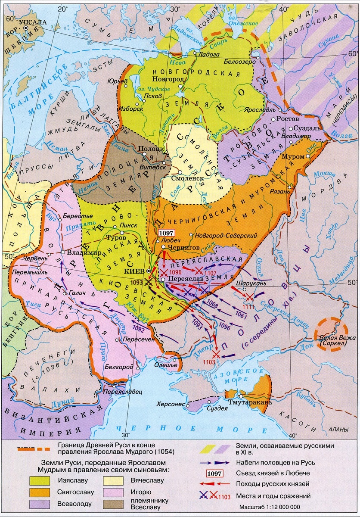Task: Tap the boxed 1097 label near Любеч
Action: (166, 233)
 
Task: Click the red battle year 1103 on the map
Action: (208, 362)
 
